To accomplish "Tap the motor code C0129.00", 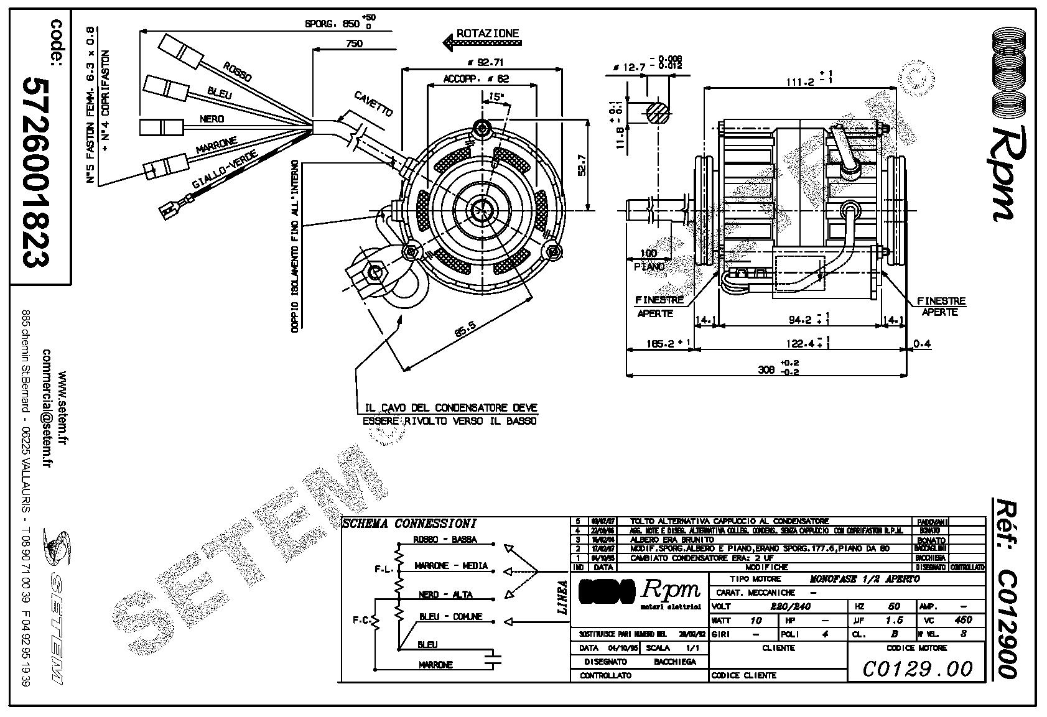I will point(918,668).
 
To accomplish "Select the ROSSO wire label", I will point(238,72).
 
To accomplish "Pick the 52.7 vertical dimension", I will point(582,164).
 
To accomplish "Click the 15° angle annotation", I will point(496,97).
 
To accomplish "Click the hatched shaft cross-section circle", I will point(659,113).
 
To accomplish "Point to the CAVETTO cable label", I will point(373,104).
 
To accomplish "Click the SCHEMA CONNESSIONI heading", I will point(409,524).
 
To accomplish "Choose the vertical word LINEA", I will point(562,598).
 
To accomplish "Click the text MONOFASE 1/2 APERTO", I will point(864,579).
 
